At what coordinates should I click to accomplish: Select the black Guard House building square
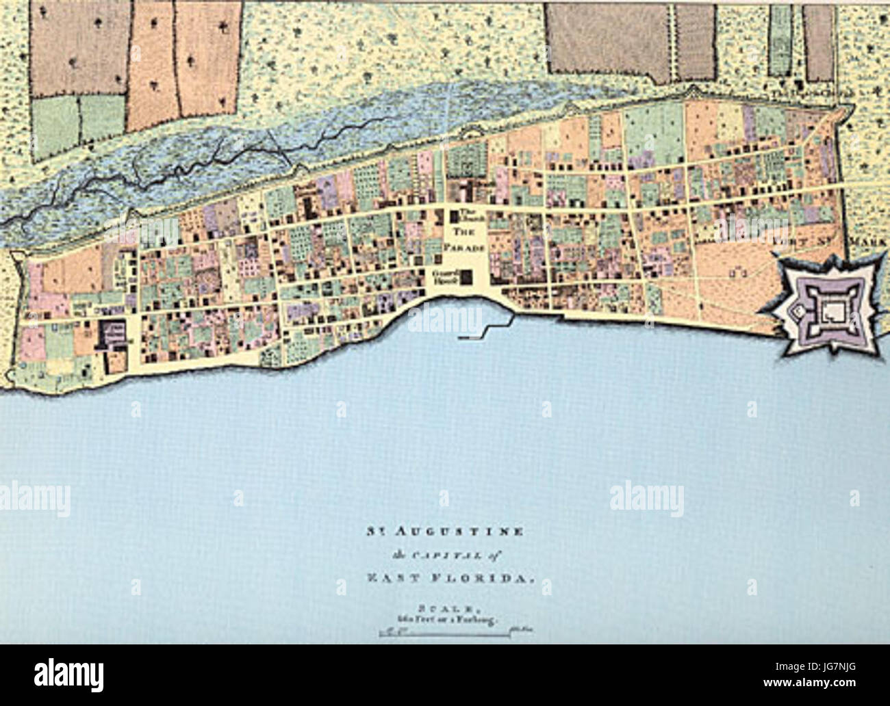pos(467,277)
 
